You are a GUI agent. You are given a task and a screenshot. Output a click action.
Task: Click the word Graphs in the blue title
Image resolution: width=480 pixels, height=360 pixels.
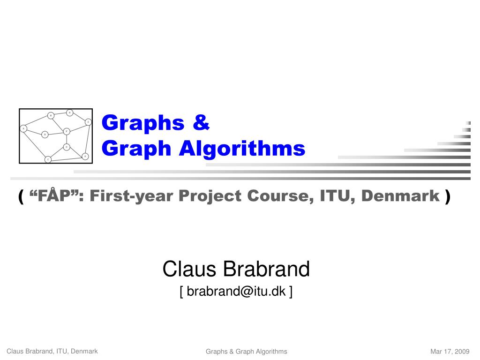click(x=143, y=123)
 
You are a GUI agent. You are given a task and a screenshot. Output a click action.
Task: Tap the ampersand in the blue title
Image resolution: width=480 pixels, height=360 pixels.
click(x=200, y=123)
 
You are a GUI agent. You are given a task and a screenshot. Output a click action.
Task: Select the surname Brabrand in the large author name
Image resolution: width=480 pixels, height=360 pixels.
click(x=266, y=269)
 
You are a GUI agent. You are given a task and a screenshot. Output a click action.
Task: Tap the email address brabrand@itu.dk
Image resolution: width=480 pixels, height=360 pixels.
click(x=236, y=292)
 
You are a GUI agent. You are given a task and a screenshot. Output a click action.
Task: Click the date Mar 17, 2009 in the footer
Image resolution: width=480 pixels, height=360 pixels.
click(x=450, y=352)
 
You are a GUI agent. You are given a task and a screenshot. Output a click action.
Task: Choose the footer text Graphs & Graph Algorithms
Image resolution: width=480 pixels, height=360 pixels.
click(x=246, y=352)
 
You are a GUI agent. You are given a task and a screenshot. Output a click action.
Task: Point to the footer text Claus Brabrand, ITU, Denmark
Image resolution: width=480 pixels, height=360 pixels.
click(x=52, y=351)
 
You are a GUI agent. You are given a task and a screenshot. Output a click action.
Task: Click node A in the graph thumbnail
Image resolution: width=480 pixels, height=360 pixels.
click(x=23, y=128)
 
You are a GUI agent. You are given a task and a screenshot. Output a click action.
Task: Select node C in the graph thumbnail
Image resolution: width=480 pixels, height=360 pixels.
click(x=47, y=160)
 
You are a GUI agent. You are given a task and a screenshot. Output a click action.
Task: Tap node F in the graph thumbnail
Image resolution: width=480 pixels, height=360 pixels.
click(x=67, y=131)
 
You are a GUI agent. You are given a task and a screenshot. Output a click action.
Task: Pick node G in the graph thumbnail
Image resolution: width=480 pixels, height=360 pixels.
click(x=85, y=156)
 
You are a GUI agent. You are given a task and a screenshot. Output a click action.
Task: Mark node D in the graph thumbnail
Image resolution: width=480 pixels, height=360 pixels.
click(x=67, y=147)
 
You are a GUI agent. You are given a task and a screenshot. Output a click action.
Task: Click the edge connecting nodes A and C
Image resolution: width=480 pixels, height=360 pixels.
click(x=35, y=144)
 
